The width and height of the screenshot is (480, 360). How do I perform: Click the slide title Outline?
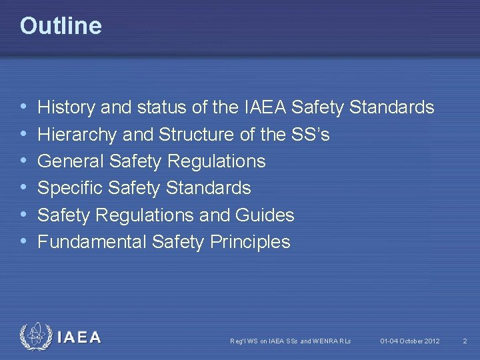(x=61, y=26)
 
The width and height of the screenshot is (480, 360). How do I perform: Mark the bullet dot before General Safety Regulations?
(x=24, y=161)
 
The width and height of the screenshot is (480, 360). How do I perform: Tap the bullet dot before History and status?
(x=24, y=107)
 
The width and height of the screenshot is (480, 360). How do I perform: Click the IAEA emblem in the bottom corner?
(x=35, y=337)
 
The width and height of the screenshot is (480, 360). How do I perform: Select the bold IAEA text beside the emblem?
(x=79, y=338)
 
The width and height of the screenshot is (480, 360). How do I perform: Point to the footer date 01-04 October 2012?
(x=410, y=341)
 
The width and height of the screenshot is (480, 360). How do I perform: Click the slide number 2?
(x=465, y=341)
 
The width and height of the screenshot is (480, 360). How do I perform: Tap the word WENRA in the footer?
(x=325, y=341)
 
